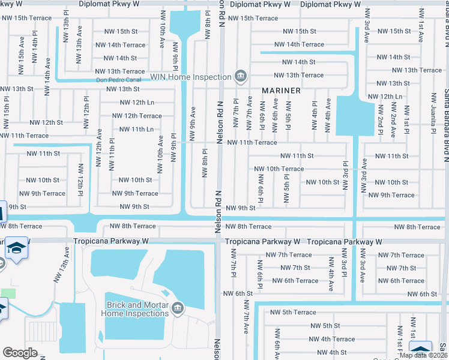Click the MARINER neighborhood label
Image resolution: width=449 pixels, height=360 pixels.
281,91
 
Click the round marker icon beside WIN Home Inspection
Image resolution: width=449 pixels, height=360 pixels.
240,76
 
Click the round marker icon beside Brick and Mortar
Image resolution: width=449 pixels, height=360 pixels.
177,308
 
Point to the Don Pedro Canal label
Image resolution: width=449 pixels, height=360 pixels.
121,80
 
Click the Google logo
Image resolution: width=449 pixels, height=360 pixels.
20,353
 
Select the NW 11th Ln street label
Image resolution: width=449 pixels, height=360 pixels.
133,129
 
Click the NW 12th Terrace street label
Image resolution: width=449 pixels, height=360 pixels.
137,116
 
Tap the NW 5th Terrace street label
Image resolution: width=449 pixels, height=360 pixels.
292,312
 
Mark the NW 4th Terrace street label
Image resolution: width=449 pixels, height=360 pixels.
332,339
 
